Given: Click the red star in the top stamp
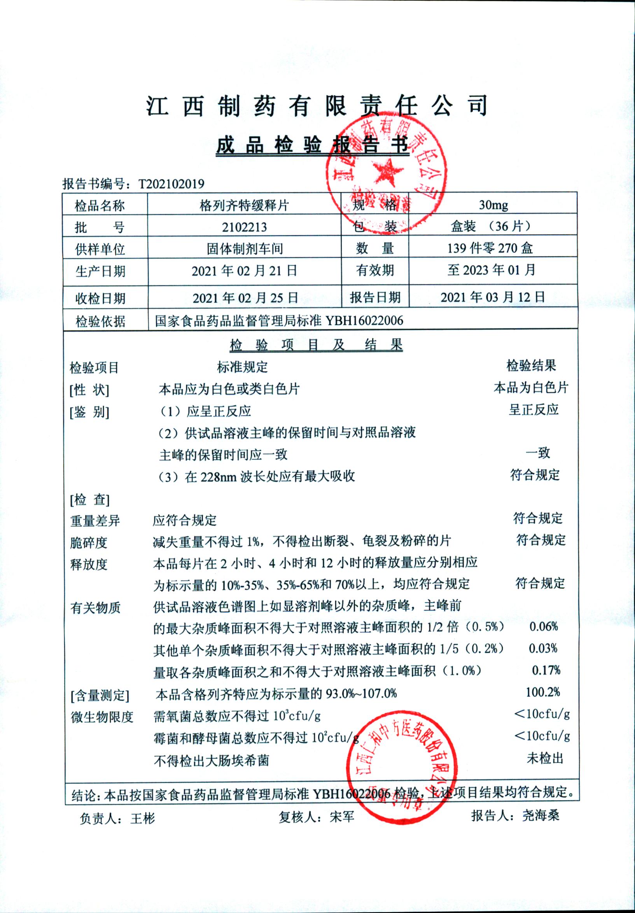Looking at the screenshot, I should [385, 171].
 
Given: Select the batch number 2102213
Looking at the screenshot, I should [244, 227].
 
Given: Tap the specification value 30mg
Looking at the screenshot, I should [493, 205].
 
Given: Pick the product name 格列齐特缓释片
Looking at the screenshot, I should [244, 206].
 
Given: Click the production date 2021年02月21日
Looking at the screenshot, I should [244, 271].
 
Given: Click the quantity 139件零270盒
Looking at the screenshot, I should [490, 248].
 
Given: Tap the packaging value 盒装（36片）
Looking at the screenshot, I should [492, 227].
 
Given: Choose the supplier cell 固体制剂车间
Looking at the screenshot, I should [245, 249].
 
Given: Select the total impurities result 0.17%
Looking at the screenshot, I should [546, 670].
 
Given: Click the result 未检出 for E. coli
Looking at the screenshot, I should [545, 758].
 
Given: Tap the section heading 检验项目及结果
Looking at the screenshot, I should [316, 345].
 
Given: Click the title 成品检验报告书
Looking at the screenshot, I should [313, 146].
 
